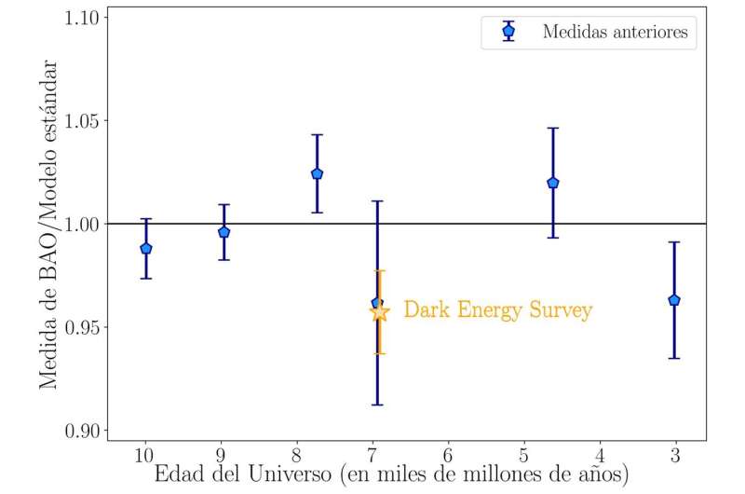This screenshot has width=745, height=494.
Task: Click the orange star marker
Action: (379, 311)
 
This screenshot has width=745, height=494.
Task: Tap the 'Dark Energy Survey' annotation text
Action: (497, 310)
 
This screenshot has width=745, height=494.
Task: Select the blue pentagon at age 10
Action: (145, 248)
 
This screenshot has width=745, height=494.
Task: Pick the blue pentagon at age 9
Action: (223, 231)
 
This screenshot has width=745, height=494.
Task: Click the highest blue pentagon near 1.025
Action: (317, 173)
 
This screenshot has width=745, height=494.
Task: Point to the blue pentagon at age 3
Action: (674, 300)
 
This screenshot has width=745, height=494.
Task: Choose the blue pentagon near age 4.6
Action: (553, 183)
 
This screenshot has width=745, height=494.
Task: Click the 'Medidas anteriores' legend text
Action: (615, 33)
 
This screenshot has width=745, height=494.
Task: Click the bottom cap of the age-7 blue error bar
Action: (377, 405)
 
